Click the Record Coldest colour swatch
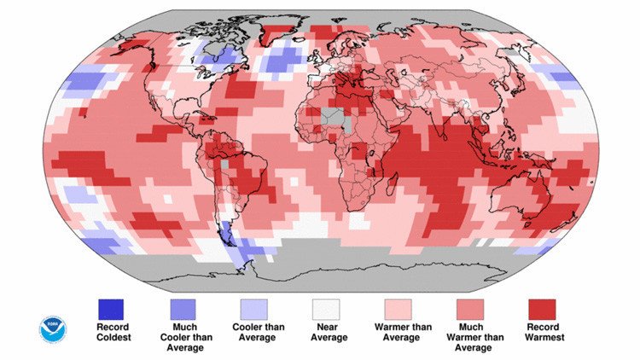click(x=111, y=308)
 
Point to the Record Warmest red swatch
click(x=541, y=308)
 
